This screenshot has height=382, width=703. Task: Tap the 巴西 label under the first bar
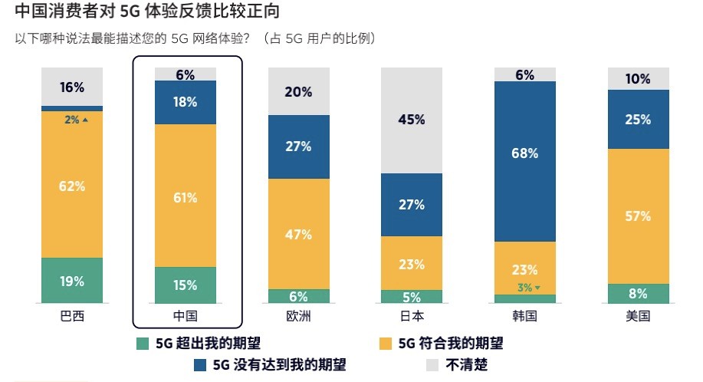(x=72, y=315)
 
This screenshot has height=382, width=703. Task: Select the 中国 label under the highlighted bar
(x=186, y=315)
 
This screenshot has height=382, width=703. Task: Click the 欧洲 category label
(x=298, y=315)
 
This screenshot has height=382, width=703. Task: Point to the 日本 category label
(x=412, y=315)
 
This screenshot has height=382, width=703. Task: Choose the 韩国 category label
(x=524, y=315)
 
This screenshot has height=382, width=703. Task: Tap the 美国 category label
(x=638, y=315)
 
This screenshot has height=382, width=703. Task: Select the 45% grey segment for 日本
(x=412, y=120)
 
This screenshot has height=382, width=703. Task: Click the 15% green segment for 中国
(x=186, y=285)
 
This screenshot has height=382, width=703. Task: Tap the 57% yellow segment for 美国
(x=638, y=216)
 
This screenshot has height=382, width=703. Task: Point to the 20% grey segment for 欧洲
(x=298, y=91)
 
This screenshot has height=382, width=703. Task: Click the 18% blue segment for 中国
(x=186, y=102)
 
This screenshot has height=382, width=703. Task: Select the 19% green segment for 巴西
(x=72, y=281)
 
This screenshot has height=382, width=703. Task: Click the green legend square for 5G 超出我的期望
(x=142, y=343)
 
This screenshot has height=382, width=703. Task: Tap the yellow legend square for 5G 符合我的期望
(x=386, y=343)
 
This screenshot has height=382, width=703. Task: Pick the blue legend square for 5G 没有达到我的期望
(x=199, y=365)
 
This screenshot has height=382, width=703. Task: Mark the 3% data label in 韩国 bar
(x=525, y=288)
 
